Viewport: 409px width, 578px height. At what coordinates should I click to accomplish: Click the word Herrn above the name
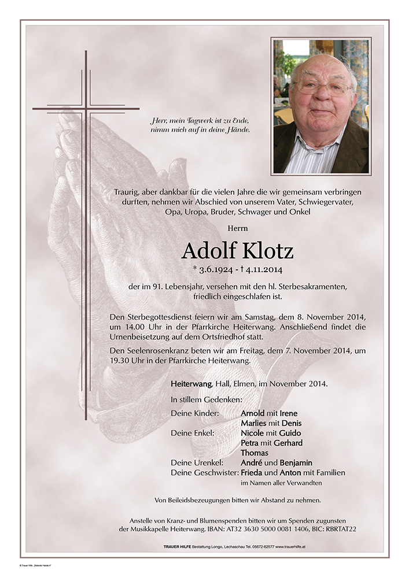point(237,228)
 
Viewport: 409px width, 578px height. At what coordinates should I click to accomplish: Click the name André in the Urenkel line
point(251,462)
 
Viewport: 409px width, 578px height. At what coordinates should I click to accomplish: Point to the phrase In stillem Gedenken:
point(207,399)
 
